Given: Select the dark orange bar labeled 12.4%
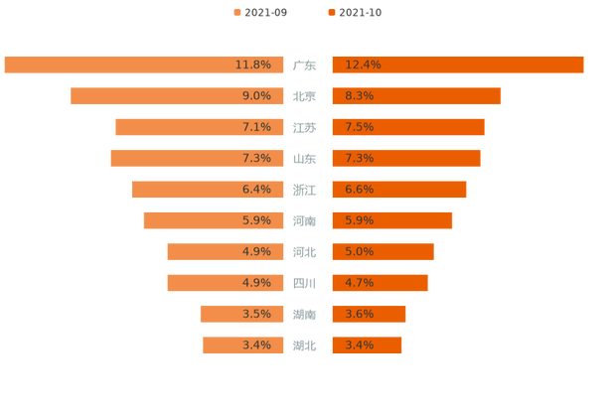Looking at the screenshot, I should click(x=457, y=65).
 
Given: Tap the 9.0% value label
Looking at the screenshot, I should click(x=256, y=96).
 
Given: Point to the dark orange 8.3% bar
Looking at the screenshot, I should click(x=417, y=96).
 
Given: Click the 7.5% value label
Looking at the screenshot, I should click(x=359, y=127).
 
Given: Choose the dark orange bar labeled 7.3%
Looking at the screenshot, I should click(x=406, y=158).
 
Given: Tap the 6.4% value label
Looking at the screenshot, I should click(x=256, y=190).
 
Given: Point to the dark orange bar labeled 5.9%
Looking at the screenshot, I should click(x=392, y=220).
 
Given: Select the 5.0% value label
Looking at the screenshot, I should click(x=359, y=252).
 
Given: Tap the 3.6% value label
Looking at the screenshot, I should click(x=359, y=314).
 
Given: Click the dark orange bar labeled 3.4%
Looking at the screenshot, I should click(x=367, y=345).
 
